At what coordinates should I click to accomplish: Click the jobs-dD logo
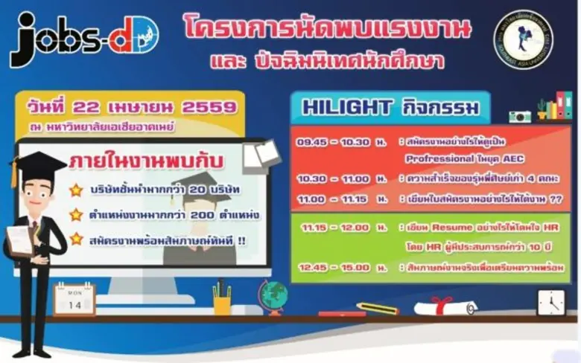[83, 39]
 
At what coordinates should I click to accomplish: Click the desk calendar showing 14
[74, 299]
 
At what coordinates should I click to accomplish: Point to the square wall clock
[550, 302]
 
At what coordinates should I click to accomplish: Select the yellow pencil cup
[222, 301]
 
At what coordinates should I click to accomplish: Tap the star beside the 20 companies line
[76, 190]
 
